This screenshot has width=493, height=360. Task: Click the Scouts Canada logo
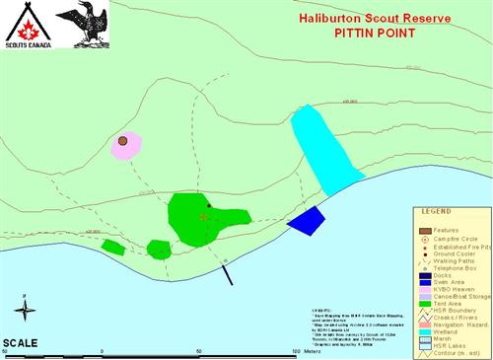[25, 26]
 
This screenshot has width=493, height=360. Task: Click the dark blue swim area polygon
[306, 220]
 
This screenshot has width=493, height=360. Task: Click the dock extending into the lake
[228, 272]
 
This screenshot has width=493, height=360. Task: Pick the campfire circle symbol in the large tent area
[203, 216]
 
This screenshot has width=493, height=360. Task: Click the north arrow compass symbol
[28, 309]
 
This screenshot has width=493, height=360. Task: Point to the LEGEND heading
[437, 211]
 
